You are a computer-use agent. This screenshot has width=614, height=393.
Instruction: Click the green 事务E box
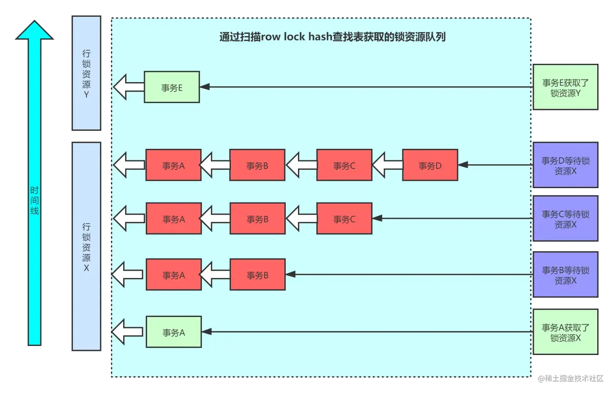click(x=172, y=87)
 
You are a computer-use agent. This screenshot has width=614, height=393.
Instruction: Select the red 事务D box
click(x=430, y=165)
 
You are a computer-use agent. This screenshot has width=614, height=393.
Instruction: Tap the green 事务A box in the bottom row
click(x=174, y=332)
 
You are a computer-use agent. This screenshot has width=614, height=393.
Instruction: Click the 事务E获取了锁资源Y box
click(x=565, y=87)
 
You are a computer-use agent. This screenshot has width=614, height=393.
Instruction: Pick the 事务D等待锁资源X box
click(x=565, y=165)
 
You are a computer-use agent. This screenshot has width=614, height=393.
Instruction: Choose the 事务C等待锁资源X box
click(x=565, y=219)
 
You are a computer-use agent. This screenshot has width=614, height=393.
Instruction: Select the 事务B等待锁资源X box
click(x=565, y=275)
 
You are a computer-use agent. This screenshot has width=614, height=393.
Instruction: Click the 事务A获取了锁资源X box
click(x=565, y=332)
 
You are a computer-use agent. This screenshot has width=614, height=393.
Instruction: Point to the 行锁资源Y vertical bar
click(x=86, y=74)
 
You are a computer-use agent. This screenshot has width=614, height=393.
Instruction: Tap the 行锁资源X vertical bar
click(x=86, y=247)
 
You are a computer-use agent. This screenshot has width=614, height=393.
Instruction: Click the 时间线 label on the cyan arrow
click(x=35, y=200)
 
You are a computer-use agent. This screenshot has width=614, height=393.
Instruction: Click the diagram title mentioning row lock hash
click(x=332, y=37)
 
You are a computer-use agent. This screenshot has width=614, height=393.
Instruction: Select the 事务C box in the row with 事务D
click(x=344, y=165)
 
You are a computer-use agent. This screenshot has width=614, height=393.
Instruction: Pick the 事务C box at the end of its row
click(x=344, y=219)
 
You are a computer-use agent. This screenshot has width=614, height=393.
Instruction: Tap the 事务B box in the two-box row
click(x=257, y=275)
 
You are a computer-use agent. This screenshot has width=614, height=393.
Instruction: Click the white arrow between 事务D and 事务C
click(x=386, y=165)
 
